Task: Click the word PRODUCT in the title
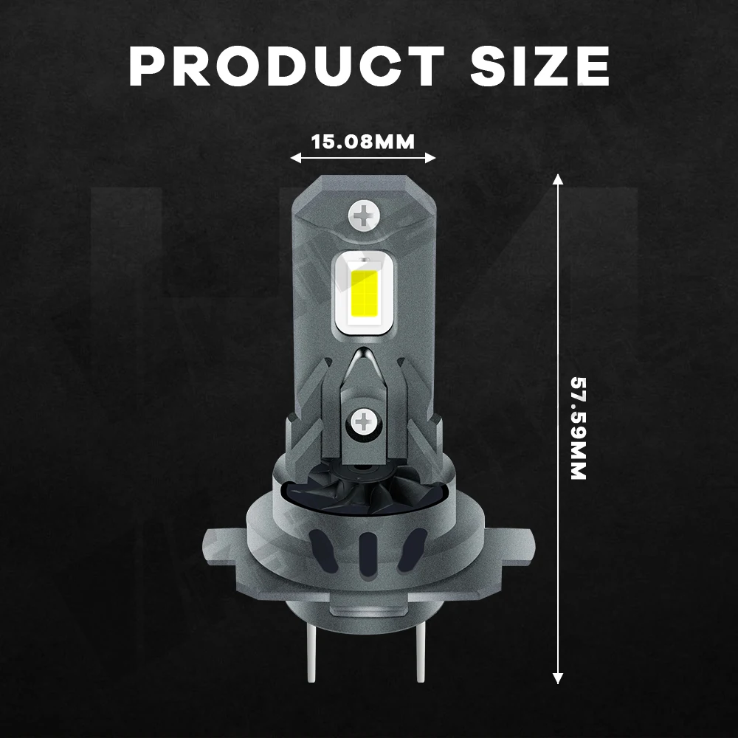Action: (x=286, y=66)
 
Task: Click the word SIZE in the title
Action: (x=540, y=66)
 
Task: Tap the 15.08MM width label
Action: (x=363, y=142)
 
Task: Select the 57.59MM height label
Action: (x=578, y=428)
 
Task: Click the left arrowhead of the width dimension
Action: (x=295, y=158)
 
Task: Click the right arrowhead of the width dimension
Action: (x=430, y=158)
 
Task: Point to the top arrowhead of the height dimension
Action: (x=558, y=179)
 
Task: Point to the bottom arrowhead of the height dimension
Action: (x=558, y=678)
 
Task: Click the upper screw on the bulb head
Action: (x=364, y=216)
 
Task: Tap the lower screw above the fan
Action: (x=363, y=421)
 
